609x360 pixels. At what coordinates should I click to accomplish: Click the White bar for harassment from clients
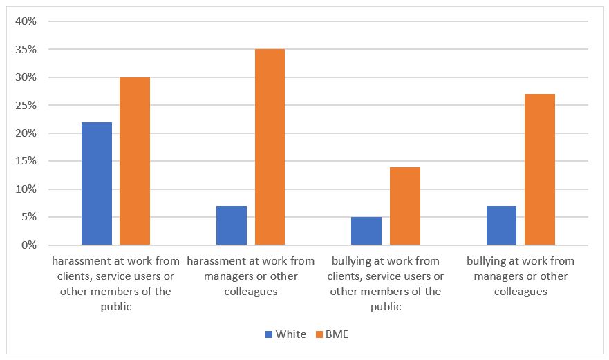pos(97,184)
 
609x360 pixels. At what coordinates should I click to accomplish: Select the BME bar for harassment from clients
pos(135,161)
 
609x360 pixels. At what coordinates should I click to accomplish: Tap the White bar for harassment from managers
pos(232,225)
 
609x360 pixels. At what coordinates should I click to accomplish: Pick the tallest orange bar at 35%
pos(270,147)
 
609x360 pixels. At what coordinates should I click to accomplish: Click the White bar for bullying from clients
pos(366,231)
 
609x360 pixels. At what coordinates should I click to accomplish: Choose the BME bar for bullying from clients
pos(405,206)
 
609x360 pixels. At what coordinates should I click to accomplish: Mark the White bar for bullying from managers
pos(501,225)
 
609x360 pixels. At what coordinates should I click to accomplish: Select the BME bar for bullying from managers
pos(540,169)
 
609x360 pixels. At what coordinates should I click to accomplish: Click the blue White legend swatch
pos(269,334)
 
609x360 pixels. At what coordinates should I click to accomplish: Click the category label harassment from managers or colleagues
pos(251,276)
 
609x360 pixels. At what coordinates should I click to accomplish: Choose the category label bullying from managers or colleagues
pos(521,276)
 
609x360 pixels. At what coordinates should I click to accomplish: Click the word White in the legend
pos(290,334)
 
